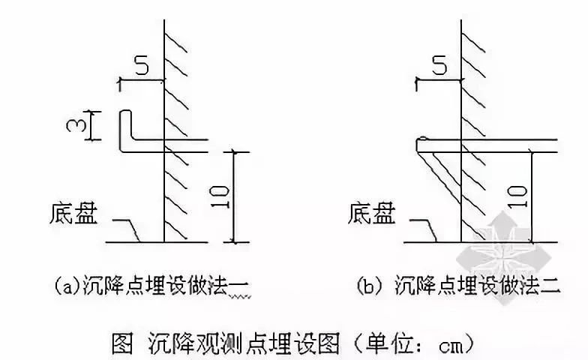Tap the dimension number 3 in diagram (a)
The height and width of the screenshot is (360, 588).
tap(73, 125)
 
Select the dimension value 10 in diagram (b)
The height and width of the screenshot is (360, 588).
tap(517, 196)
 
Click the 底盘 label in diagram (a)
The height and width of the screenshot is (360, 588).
tap(73, 214)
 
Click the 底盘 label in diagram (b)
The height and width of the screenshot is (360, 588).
tap(372, 214)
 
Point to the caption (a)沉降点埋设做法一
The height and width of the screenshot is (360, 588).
tap(151, 287)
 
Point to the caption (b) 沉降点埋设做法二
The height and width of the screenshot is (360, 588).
tap(458, 287)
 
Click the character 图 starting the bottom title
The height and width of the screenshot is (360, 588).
tap(123, 343)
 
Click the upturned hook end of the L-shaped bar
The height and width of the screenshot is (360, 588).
tap(126, 113)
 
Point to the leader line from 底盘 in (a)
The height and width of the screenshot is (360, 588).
tap(126, 229)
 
